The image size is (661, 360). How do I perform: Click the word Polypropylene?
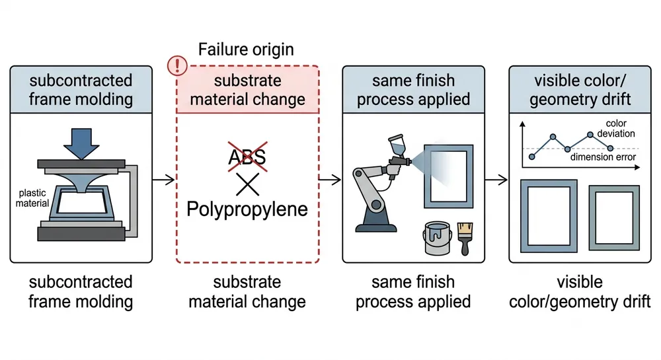[247, 209]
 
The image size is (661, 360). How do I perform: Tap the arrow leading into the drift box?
[498, 179]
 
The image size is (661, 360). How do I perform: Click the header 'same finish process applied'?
[413, 90]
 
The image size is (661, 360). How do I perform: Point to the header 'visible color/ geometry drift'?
[580, 90]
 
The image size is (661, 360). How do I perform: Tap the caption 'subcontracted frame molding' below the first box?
[81, 292]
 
